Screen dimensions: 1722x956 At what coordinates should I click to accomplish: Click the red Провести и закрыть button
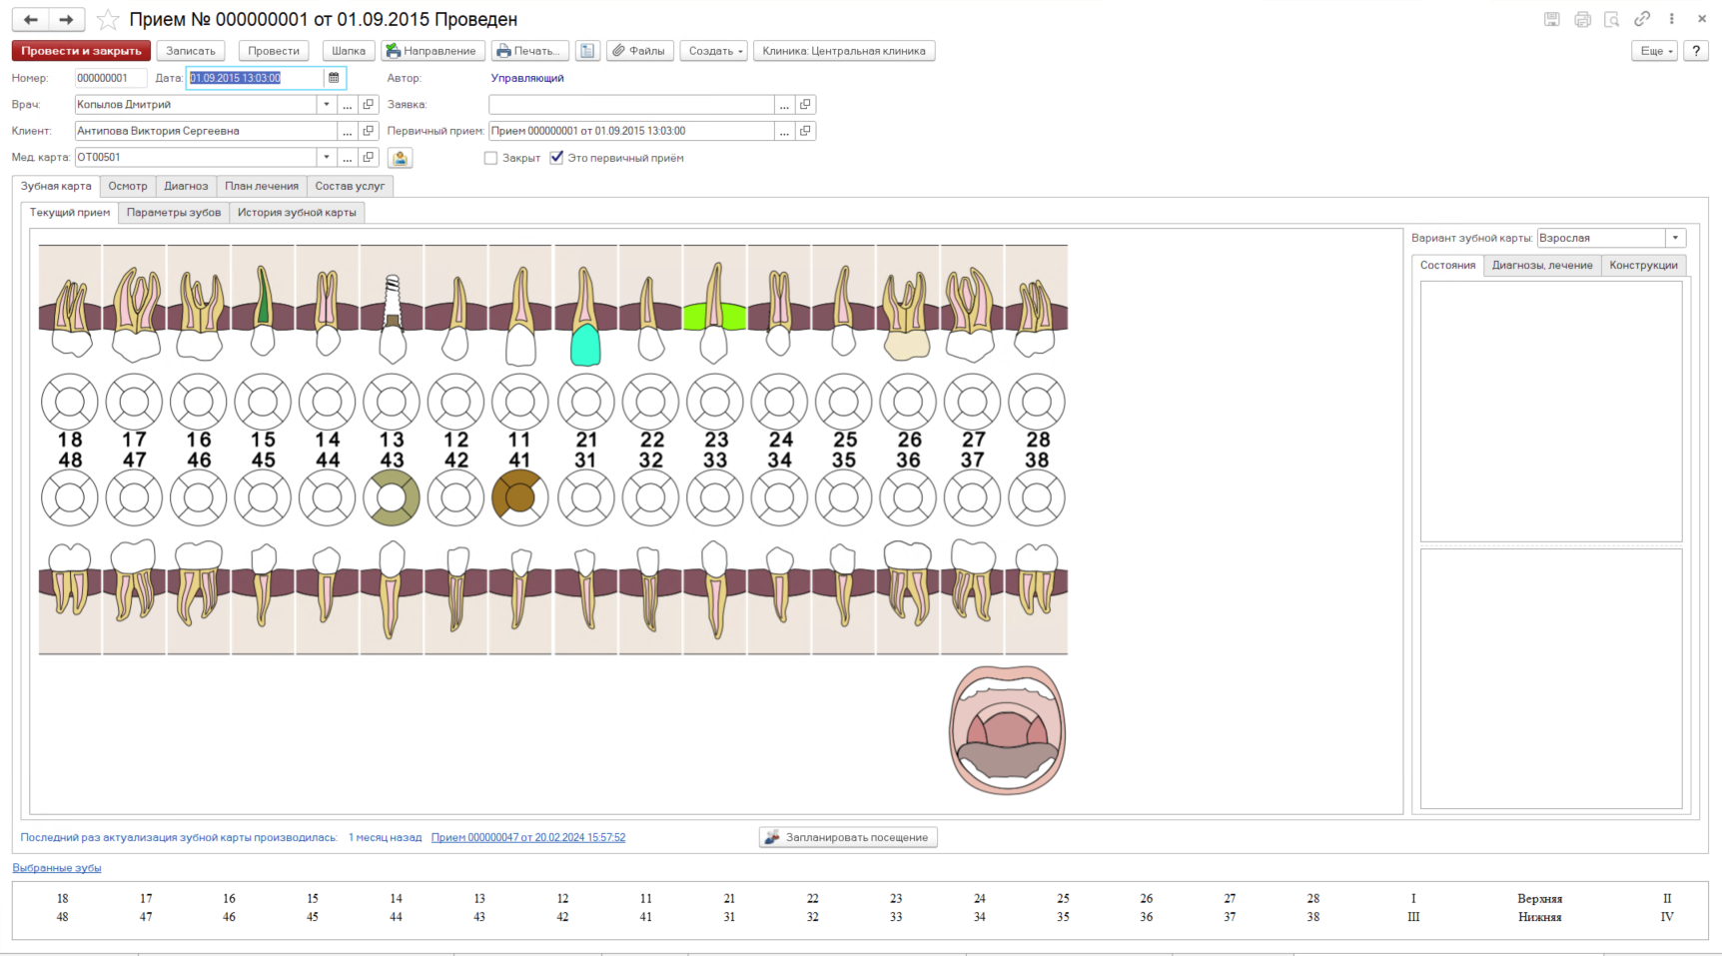(x=81, y=51)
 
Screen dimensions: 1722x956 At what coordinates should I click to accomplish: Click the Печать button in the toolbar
(x=529, y=51)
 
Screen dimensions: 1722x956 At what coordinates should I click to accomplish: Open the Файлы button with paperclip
(x=639, y=51)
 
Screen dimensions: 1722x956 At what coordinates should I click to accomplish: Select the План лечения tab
(x=262, y=186)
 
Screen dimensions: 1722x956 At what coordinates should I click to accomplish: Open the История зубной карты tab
(x=297, y=212)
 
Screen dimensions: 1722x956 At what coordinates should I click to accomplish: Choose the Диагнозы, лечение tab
(x=1542, y=265)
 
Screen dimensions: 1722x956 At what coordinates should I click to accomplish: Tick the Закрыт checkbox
(x=490, y=158)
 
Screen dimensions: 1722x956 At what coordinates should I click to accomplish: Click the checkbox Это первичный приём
(x=556, y=158)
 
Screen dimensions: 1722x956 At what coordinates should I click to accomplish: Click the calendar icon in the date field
(x=334, y=78)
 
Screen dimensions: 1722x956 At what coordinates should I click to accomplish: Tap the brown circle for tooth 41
(x=519, y=497)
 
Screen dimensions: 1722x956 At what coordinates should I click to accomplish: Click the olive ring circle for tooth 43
(x=392, y=497)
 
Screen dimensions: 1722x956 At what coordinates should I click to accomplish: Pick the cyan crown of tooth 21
(x=585, y=345)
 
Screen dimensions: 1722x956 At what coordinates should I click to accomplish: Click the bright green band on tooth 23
(x=714, y=317)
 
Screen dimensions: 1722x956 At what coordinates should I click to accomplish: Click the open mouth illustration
(x=1007, y=730)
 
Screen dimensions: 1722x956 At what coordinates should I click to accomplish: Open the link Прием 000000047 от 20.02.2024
(x=528, y=837)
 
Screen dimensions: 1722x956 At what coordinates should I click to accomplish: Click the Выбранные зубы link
(x=57, y=868)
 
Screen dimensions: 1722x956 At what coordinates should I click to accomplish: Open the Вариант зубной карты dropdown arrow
(x=1675, y=238)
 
